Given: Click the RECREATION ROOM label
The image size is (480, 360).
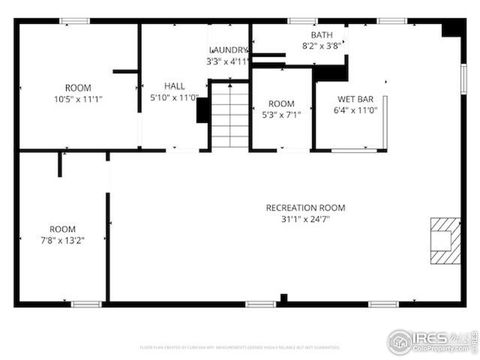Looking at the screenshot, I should (x=305, y=208).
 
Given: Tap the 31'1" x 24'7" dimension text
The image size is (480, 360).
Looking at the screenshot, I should (x=305, y=219).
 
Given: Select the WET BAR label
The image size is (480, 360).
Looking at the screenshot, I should (x=354, y=99).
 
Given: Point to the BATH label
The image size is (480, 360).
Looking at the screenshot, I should (x=322, y=34).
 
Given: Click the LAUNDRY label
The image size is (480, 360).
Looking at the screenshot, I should (x=228, y=50).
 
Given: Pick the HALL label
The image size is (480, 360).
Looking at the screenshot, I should (x=174, y=86).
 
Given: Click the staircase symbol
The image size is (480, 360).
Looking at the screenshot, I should (x=229, y=115).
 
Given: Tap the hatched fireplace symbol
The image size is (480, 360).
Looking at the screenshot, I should (x=443, y=240).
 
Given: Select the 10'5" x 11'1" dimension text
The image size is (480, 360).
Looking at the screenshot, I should (x=78, y=99).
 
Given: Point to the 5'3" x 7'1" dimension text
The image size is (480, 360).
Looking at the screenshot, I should (x=281, y=115).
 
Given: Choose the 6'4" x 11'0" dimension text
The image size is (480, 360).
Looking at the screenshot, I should (x=354, y=110).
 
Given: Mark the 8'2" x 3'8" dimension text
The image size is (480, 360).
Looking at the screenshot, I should (x=322, y=45).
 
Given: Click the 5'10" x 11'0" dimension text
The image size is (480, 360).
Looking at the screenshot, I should (x=173, y=97).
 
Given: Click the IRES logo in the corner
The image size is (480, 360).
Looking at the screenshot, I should (x=432, y=340).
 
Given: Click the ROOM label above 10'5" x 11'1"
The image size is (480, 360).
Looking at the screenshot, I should (x=78, y=88).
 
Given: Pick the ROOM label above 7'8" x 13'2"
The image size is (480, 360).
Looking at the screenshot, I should (x=63, y=229).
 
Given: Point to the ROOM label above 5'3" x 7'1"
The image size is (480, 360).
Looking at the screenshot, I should (x=281, y=104).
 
